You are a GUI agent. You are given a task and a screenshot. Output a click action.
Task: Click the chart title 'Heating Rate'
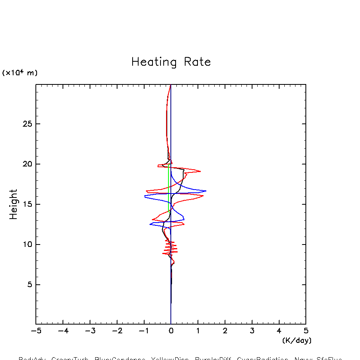click(x=171, y=62)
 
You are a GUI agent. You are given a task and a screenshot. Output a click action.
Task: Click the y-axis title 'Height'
click(x=14, y=204)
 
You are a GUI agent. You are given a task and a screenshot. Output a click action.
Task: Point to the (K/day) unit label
click(x=297, y=340)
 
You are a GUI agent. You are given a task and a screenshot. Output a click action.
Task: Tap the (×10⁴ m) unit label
click(x=20, y=73)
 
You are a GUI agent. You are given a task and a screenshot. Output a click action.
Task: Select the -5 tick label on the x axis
click(x=36, y=331)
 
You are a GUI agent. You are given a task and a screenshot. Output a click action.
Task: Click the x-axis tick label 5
click(x=306, y=331)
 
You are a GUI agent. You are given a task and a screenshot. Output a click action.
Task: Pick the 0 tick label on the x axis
click(x=171, y=331)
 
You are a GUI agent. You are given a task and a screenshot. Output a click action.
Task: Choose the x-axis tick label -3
click(x=90, y=331)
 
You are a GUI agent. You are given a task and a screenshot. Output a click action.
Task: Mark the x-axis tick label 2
click(x=225, y=331)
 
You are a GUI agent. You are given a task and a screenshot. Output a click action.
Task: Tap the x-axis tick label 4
click(x=279, y=331)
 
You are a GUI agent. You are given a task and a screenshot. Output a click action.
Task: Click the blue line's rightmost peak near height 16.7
click(x=205, y=191)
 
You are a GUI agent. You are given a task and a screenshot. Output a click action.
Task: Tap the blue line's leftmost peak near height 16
click(x=145, y=196)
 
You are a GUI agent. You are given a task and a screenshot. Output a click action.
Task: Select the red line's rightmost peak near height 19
click(x=200, y=171)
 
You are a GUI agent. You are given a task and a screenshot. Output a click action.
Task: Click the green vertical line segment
click(x=169, y=187)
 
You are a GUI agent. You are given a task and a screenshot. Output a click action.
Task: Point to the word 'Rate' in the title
click(x=197, y=62)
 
